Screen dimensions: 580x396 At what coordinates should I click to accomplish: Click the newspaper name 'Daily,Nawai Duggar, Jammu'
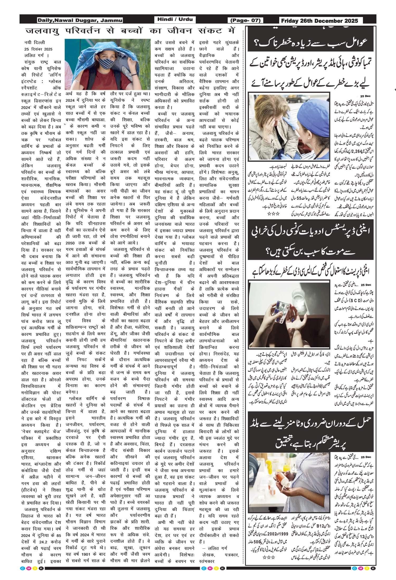pyautogui.click(x=80, y=20)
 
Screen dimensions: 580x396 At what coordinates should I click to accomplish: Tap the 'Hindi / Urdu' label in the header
pyautogui.click(x=175, y=19)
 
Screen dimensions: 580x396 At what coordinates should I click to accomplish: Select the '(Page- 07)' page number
pyautogui.click(x=245, y=20)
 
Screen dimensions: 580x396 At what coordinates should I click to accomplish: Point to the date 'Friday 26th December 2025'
pyautogui.click(x=319, y=21)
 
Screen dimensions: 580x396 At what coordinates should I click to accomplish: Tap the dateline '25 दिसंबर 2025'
pyautogui.click(x=38, y=49)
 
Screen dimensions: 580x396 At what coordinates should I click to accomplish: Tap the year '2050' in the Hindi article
pyautogui.click(x=70, y=243)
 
